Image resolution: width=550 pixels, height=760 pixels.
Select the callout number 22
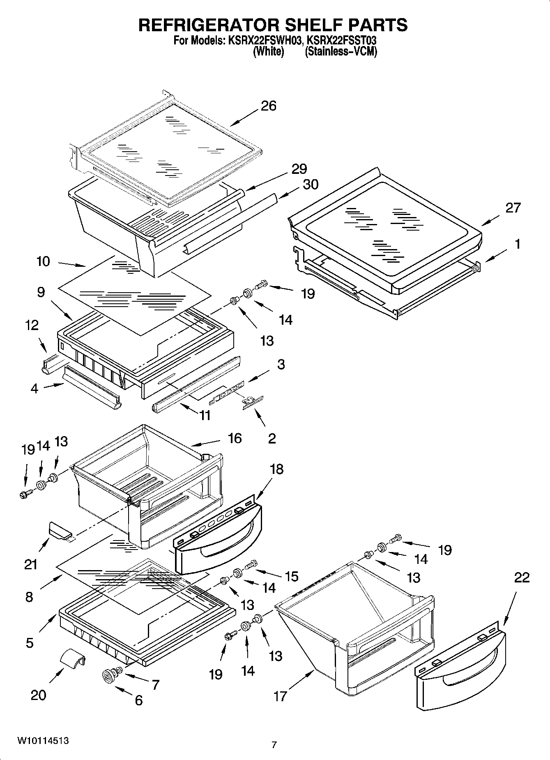[521, 578]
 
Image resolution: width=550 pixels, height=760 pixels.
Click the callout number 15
[291, 576]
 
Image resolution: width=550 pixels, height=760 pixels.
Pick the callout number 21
[30, 564]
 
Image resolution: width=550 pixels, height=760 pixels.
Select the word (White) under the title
[268, 52]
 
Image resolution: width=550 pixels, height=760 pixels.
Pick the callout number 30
[310, 185]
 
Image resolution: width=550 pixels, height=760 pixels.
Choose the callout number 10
[43, 261]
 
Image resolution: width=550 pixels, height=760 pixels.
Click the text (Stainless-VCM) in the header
[341, 52]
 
